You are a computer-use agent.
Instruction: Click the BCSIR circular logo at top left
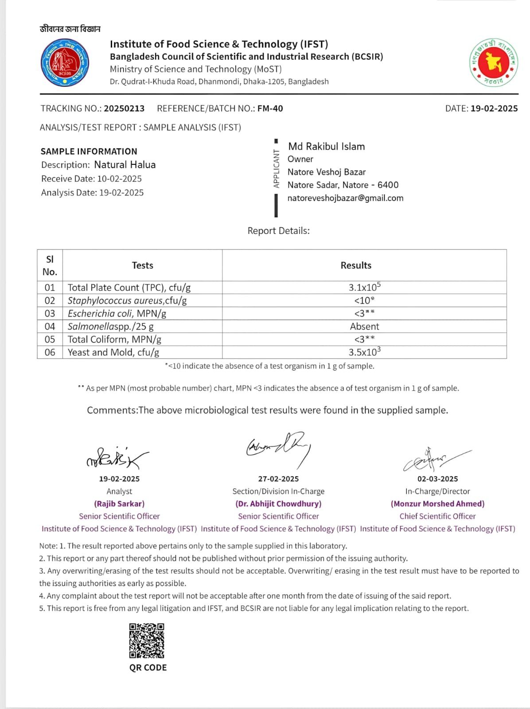pyautogui.click(x=65, y=63)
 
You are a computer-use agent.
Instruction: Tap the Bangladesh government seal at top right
pyautogui.click(x=493, y=62)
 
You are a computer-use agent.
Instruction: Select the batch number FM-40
pyautogui.click(x=270, y=109)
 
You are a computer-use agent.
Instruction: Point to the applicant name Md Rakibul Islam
pyautogui.click(x=326, y=147)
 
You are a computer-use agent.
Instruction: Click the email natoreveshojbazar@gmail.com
pyautogui.click(x=345, y=198)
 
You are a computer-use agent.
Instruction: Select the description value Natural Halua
pyautogui.click(x=125, y=165)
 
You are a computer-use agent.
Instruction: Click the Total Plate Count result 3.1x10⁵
pyautogui.click(x=364, y=287)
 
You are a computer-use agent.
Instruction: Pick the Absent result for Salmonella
pyautogui.click(x=364, y=327)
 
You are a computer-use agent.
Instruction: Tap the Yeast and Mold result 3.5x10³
pyautogui.click(x=364, y=352)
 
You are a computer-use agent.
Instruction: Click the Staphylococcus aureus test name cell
pyautogui.click(x=127, y=300)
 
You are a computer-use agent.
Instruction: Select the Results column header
pyautogui.click(x=356, y=265)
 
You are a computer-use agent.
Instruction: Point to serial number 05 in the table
pyautogui.click(x=50, y=339)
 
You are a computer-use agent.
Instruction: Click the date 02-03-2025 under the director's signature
pyautogui.click(x=437, y=479)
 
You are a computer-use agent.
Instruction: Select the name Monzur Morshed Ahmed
pyautogui.click(x=437, y=504)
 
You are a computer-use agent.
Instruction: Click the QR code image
pyautogui.click(x=147, y=641)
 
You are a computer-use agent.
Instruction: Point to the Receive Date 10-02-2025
pyautogui.click(x=119, y=179)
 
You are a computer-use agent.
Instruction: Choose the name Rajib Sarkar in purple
pyautogui.click(x=119, y=504)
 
